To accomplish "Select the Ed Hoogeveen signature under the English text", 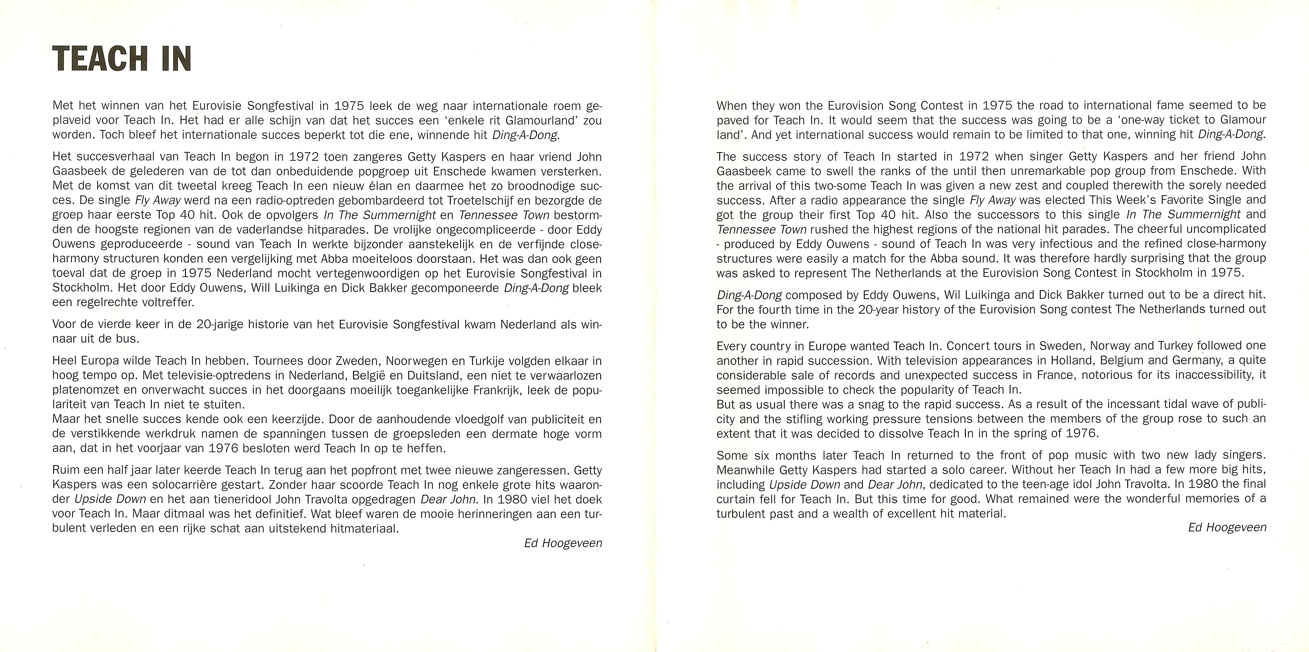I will (x=1227, y=527).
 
